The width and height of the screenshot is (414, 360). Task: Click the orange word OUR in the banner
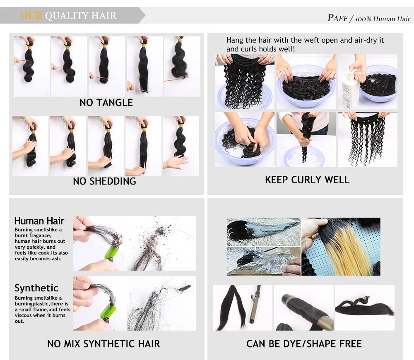coord(31,16)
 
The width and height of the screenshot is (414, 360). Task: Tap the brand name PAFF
coord(338,18)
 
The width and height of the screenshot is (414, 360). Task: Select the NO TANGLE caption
coord(106,102)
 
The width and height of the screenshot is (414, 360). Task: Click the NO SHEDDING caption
coord(105,181)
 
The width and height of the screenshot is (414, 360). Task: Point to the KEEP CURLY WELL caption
coord(307,180)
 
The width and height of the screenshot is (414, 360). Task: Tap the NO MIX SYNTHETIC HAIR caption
coord(104,343)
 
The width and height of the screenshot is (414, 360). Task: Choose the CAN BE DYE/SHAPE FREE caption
coord(304,343)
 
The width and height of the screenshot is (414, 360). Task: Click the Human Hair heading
coord(39,221)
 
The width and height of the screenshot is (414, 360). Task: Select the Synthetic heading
coord(36,288)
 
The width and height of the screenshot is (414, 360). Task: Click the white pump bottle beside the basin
coord(350,89)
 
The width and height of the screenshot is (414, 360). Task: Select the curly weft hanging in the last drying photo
coord(367,138)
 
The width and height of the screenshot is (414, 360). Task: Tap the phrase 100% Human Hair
coord(383,19)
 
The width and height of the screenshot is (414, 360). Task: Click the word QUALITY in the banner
coord(67,16)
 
